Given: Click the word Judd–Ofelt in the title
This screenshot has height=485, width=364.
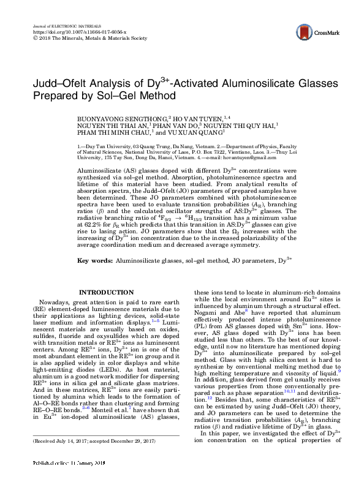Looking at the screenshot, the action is (x=58, y=83).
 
